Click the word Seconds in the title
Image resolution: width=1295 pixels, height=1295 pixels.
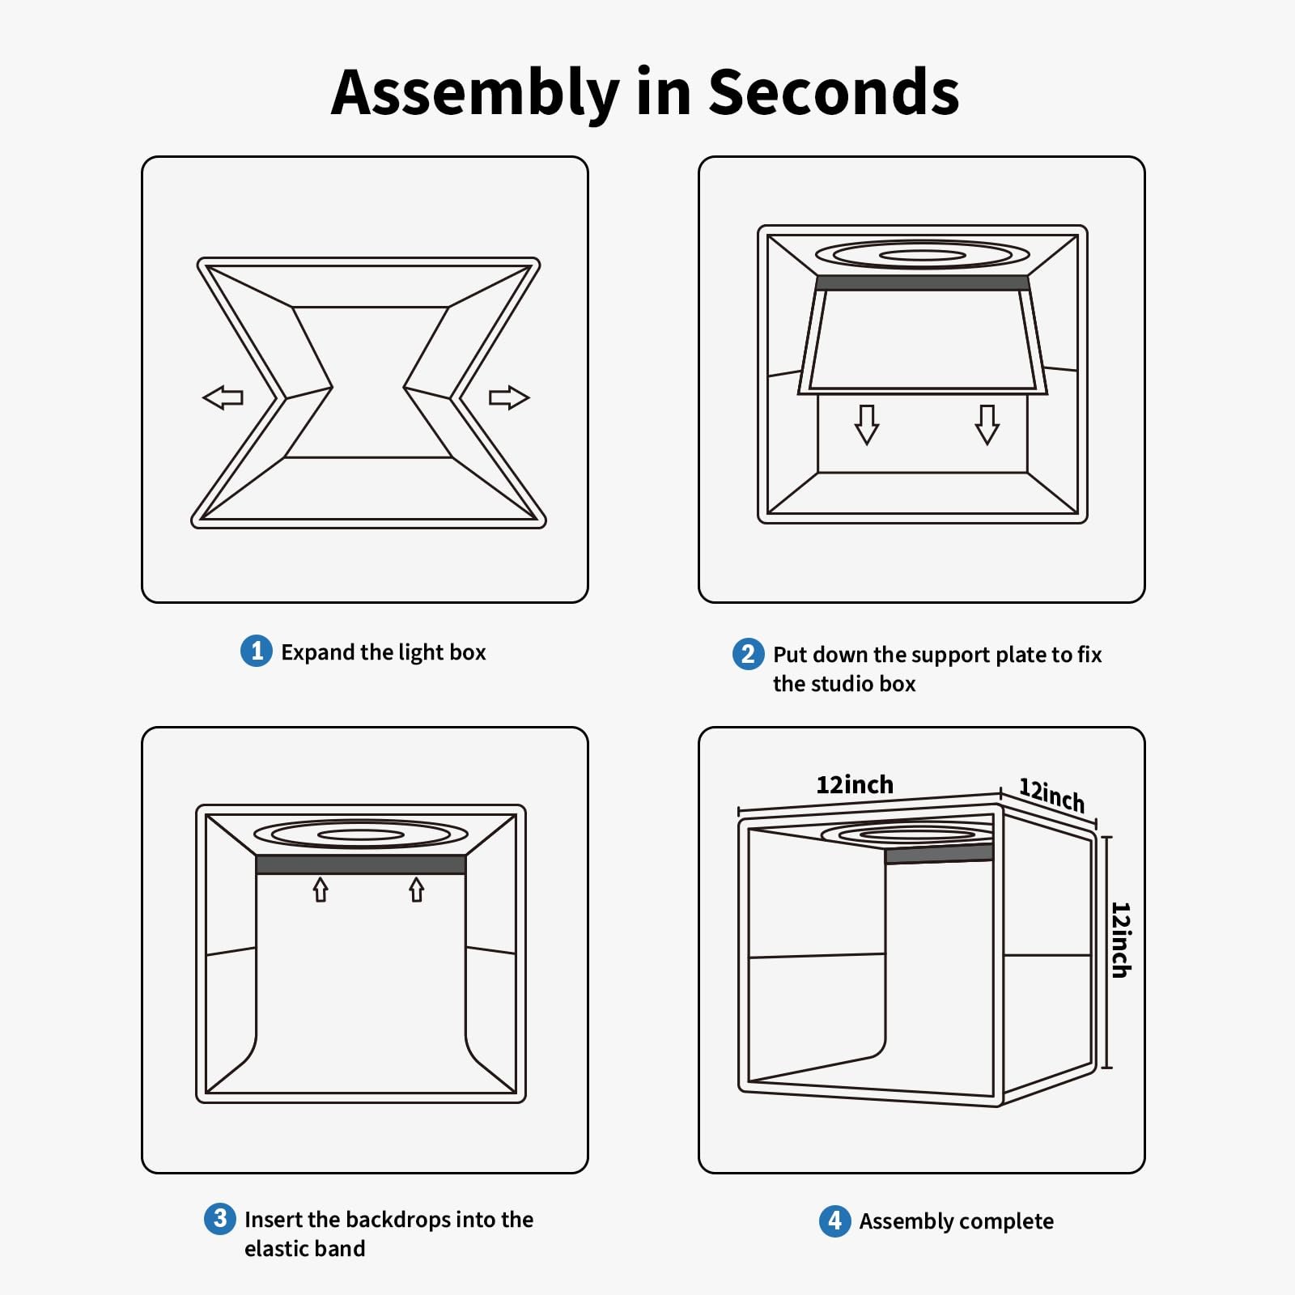point(834,91)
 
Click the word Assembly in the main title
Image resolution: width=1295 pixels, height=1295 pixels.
point(476,95)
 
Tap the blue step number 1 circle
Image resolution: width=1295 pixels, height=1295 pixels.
point(257,651)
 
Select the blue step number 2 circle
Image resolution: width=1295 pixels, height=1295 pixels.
point(748,654)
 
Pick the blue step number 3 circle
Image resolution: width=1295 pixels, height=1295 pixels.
point(220,1218)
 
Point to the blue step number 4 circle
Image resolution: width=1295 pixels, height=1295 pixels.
point(834,1221)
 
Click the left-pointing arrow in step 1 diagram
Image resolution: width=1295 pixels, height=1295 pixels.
point(223,397)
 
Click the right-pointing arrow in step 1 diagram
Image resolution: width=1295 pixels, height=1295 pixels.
point(509,397)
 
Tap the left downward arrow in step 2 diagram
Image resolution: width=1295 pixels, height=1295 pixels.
point(867,425)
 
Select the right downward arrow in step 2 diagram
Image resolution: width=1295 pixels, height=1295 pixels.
point(987,425)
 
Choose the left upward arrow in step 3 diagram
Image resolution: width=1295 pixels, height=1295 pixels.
point(321,890)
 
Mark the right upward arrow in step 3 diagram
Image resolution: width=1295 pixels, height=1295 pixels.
point(416,890)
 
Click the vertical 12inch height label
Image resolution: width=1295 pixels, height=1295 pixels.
point(1120,940)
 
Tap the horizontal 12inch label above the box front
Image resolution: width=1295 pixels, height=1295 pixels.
point(855,784)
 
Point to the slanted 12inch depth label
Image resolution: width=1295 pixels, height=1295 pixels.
point(1051,795)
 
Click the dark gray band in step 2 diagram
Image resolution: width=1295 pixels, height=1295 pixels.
point(923,282)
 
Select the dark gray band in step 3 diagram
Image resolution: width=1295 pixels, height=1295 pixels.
point(361,864)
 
